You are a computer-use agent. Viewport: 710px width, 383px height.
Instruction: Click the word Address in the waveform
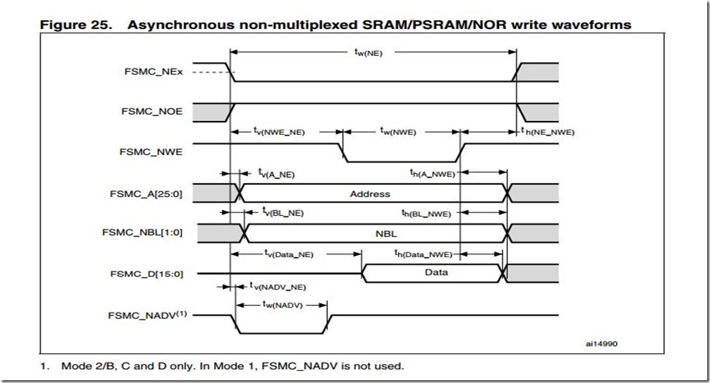(370, 194)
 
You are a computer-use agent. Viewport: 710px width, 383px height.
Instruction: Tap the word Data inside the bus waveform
(436, 272)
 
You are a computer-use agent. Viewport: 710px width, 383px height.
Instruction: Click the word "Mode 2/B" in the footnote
(82, 365)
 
